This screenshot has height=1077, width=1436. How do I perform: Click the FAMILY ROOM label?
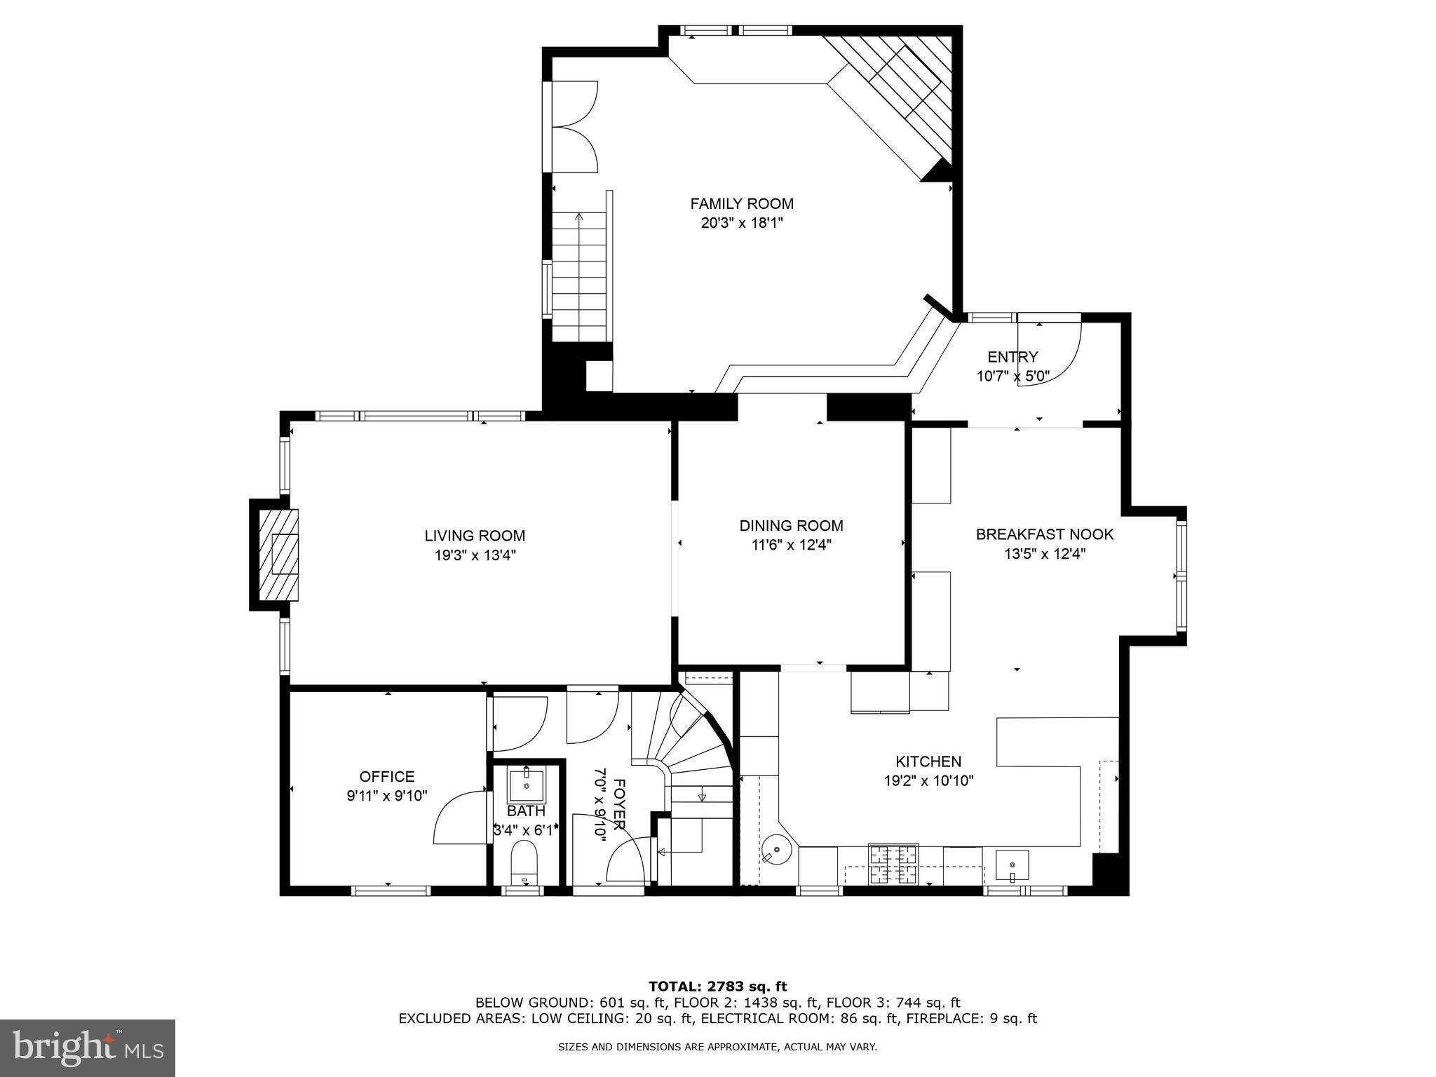(742, 204)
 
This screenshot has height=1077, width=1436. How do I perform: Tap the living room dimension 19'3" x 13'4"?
(475, 555)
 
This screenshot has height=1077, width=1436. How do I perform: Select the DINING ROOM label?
(791, 525)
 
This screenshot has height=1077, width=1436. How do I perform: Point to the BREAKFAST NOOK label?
(1044, 534)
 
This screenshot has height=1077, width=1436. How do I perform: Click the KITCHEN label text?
(928, 761)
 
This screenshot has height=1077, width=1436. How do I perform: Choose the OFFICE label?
(387, 776)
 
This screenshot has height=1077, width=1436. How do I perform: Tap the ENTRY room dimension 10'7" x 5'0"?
(1012, 376)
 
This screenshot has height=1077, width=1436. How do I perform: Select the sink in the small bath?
(526, 785)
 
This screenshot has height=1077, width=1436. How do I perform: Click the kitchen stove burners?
(893, 864)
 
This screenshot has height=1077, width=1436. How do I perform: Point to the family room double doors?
(574, 126)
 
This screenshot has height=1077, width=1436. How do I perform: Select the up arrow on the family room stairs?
(578, 218)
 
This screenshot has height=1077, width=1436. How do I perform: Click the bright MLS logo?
(88, 1048)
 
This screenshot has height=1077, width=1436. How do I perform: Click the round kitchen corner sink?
(776, 850)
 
